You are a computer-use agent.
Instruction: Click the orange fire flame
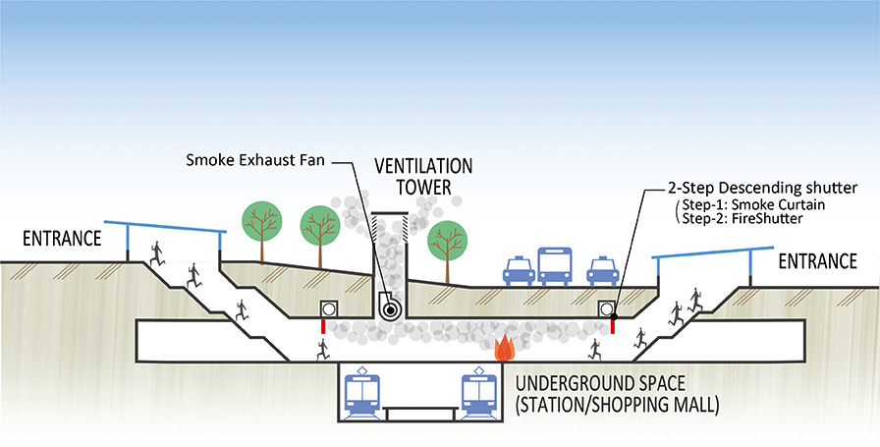(505, 347)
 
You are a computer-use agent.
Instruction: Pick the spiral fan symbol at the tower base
(391, 308)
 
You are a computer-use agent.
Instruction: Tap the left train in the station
(365, 394)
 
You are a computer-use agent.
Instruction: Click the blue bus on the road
(555, 264)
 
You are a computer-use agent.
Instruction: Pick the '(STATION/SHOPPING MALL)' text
(617, 403)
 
